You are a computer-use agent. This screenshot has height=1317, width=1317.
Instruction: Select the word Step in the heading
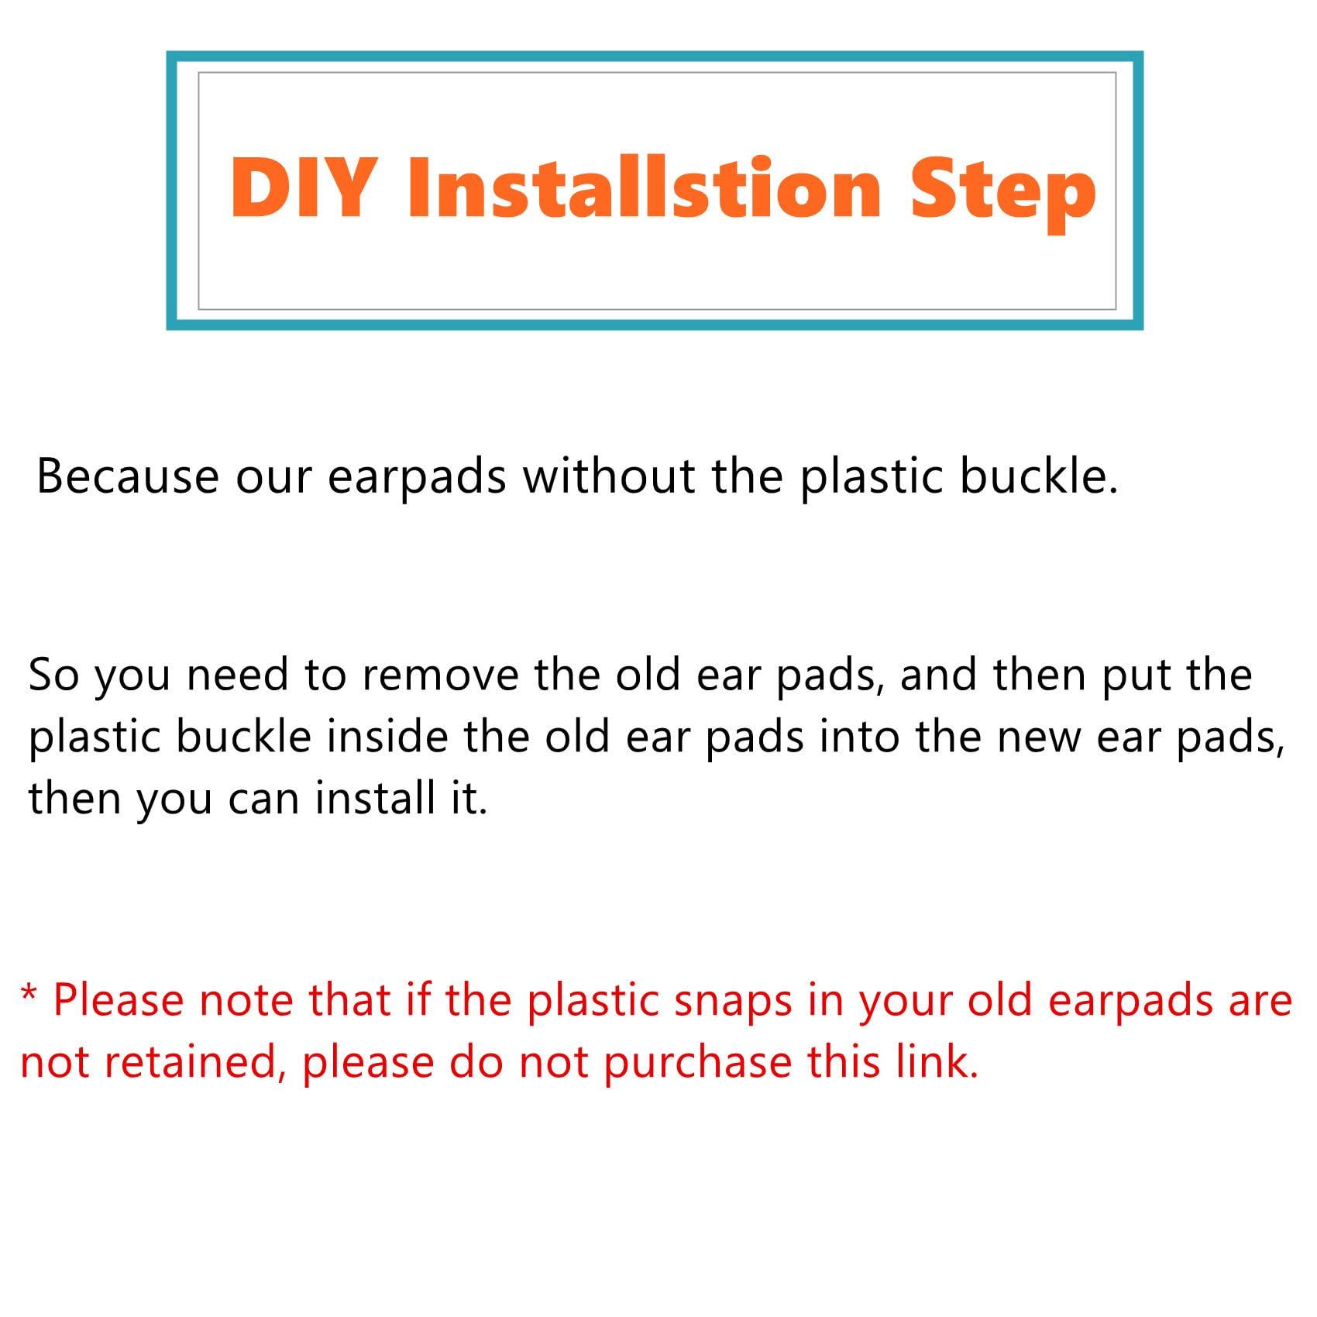pos(1003,194)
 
